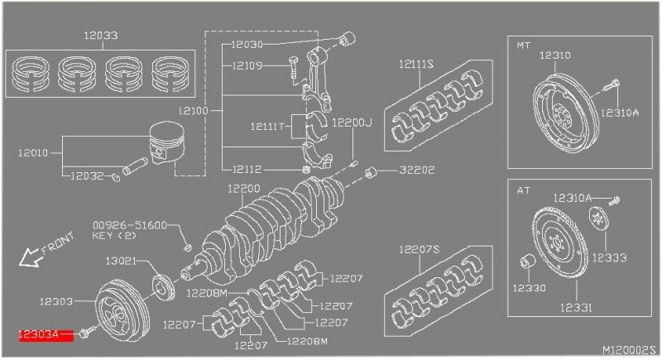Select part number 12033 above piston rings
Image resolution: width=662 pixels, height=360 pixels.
click(x=100, y=36)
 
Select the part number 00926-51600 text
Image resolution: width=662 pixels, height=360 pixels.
click(x=129, y=224)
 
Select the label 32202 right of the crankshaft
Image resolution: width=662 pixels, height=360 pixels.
click(x=416, y=171)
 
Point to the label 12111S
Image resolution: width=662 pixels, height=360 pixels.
click(x=418, y=64)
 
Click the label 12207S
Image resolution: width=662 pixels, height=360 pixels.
click(x=418, y=248)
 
